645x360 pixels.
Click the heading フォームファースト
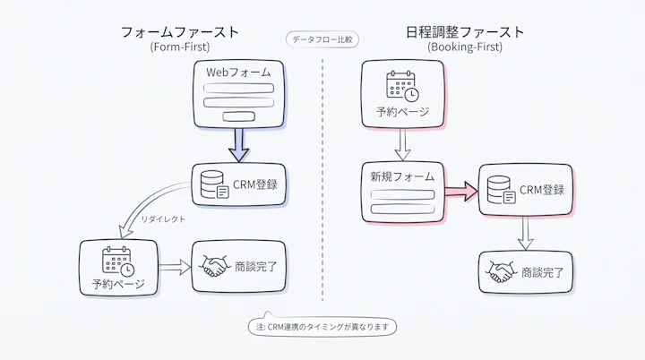click(180, 31)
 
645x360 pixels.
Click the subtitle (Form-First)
click(180, 47)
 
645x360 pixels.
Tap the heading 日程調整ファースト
click(465, 31)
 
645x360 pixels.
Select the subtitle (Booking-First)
click(465, 47)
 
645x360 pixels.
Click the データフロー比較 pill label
click(322, 39)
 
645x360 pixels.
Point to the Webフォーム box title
click(238, 73)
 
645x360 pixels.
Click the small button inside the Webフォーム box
click(238, 116)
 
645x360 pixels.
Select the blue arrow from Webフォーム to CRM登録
click(238, 145)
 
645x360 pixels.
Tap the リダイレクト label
click(163, 219)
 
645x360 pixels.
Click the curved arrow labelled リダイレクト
click(145, 202)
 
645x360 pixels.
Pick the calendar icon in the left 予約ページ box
click(118, 261)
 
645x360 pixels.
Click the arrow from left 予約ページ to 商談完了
click(175, 267)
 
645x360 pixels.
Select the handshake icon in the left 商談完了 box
click(214, 266)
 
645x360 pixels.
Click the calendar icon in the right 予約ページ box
click(403, 86)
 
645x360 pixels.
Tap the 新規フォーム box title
click(402, 176)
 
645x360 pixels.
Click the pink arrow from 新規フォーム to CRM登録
click(461, 192)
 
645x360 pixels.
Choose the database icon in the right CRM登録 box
click(501, 190)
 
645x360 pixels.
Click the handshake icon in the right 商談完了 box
click(501, 271)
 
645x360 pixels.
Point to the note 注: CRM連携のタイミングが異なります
click(322, 327)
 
